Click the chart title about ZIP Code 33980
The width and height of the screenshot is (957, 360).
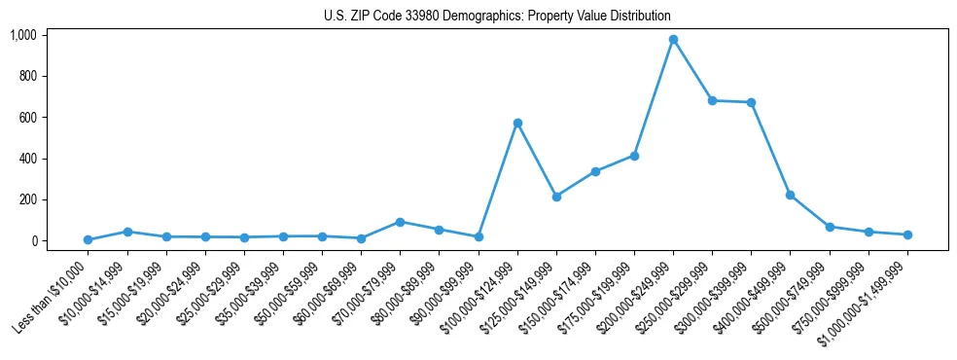497,17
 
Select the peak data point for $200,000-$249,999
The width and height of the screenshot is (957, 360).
673,40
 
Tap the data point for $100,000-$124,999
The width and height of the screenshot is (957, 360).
517,123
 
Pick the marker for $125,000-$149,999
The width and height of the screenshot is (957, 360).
556,197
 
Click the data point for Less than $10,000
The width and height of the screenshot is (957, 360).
89,239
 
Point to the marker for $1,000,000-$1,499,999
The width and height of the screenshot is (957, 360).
907,234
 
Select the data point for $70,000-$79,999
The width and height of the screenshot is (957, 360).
400,222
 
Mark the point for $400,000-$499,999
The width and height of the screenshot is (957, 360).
790,195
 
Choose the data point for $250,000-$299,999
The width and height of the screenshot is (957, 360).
712,100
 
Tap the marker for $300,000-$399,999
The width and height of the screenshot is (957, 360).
751,102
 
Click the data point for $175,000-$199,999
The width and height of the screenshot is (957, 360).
634,156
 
